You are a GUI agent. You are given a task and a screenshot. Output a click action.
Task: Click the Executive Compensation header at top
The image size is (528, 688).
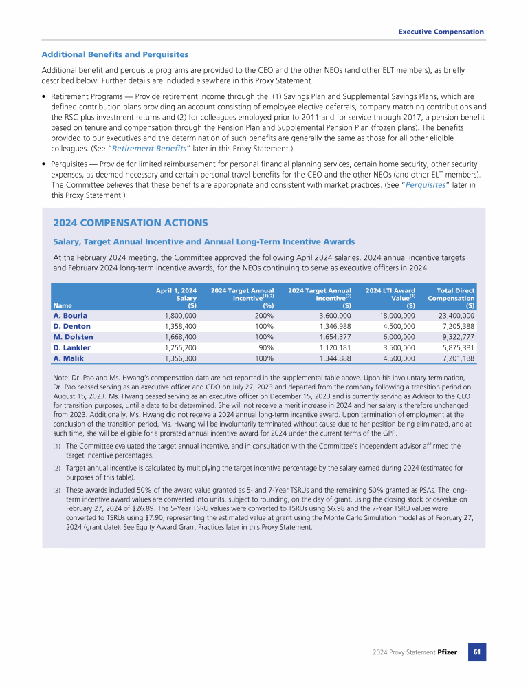pos(441,32)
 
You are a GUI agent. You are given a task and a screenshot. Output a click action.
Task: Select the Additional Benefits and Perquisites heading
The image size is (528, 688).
pos(115,54)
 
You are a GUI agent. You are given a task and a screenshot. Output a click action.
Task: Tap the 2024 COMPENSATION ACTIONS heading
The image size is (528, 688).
pos(130,223)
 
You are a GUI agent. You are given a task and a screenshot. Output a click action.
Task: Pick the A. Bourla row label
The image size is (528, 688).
pos(70,316)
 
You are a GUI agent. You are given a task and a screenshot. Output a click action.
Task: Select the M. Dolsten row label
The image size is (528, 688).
pos(73,337)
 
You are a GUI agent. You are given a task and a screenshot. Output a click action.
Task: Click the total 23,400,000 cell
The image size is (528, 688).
pos(454,316)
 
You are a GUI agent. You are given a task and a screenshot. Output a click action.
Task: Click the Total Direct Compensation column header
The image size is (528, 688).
pos(450,298)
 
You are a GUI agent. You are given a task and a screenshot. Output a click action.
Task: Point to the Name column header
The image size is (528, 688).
pos(63,305)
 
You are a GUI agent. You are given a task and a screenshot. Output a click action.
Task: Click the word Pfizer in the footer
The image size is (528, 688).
pos(447,652)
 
